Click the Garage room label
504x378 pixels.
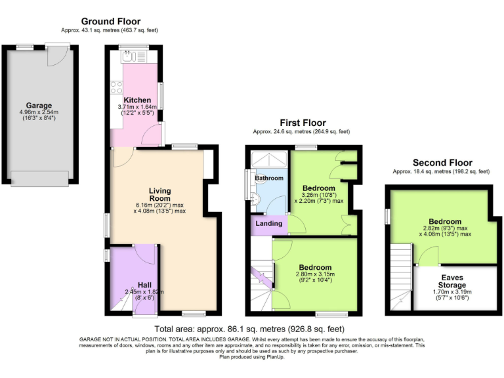click(39, 106)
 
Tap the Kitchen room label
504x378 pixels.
click(133, 100)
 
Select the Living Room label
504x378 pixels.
click(159, 194)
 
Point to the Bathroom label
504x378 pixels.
click(269, 178)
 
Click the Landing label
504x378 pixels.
click(269, 224)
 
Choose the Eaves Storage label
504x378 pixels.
click(452, 282)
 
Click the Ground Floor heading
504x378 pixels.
click(110, 22)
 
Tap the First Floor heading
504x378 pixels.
click(303, 123)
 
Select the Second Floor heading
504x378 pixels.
click(442, 163)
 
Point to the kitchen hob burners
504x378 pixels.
click(117, 87)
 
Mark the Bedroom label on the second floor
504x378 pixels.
click(445, 222)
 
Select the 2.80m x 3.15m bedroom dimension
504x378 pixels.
click(316, 278)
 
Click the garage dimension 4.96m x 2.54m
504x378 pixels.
click(39, 113)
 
